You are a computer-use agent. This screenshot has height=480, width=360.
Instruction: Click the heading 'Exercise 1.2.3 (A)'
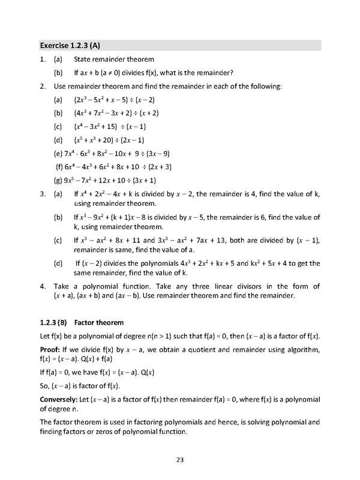point(71,45)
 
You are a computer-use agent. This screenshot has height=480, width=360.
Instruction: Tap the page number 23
point(179,460)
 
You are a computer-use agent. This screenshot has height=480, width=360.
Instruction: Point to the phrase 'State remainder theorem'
point(115,59)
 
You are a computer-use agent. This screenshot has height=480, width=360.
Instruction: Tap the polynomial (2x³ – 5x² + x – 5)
point(106,100)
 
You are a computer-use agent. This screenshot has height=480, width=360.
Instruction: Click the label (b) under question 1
point(58,73)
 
